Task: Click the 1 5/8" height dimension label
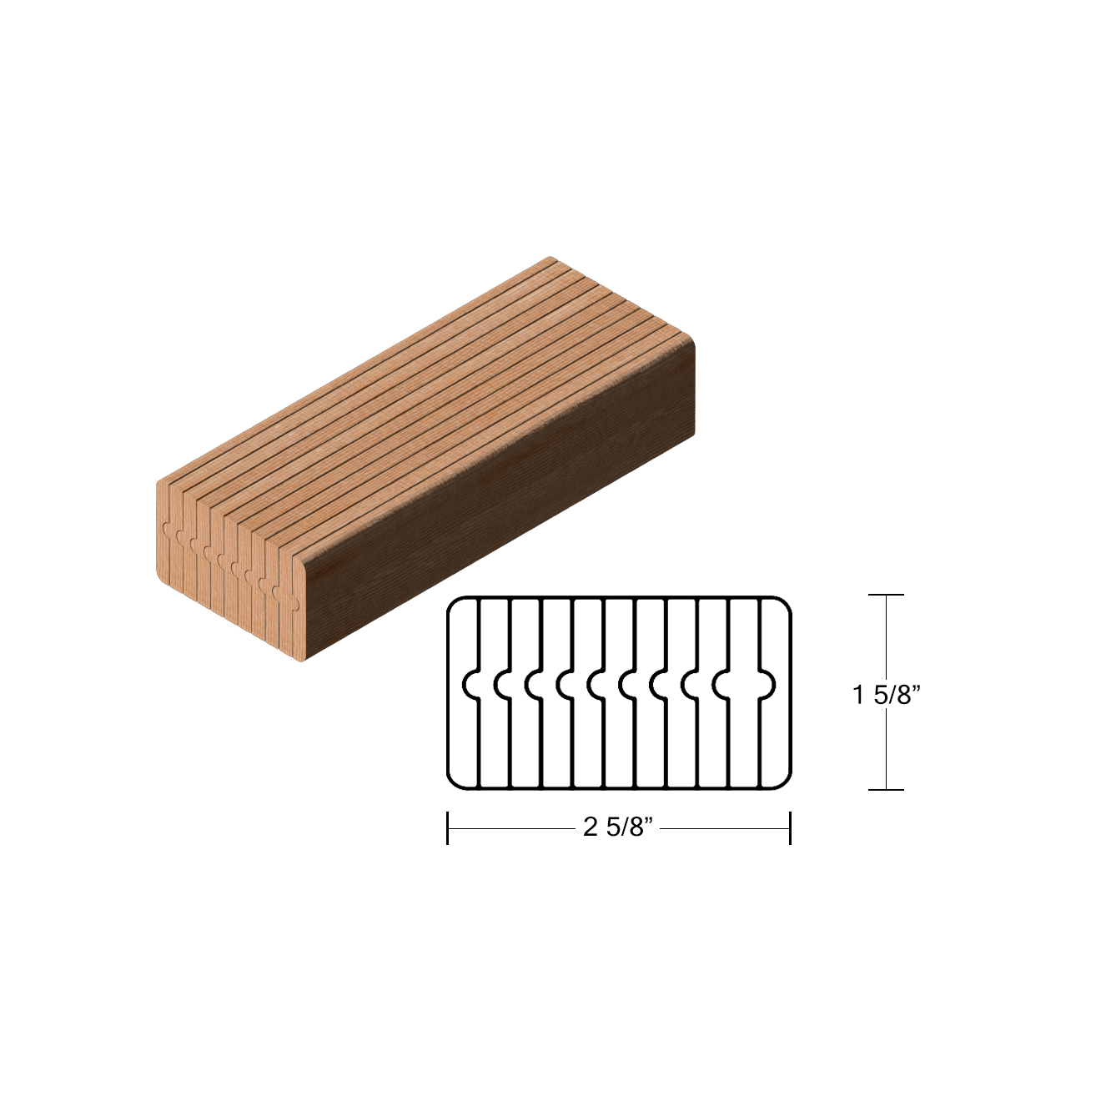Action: (886, 694)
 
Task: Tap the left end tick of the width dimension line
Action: (448, 827)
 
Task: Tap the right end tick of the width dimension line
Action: (790, 827)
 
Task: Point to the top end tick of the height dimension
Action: (886, 595)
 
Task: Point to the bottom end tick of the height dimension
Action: (886, 789)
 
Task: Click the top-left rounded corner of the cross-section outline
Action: (453, 603)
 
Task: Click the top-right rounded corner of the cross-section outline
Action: (785, 603)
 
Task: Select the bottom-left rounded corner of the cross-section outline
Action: (453, 782)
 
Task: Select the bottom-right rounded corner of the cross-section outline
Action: (785, 782)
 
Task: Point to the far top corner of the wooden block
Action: (550, 258)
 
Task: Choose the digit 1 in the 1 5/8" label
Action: (858, 694)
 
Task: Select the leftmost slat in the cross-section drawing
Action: (463, 734)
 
